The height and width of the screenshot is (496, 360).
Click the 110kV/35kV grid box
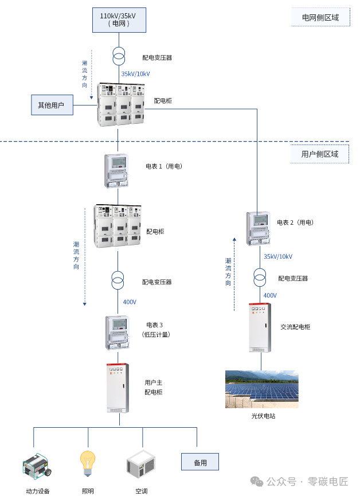(119, 19)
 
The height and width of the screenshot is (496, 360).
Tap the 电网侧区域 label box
(320, 17)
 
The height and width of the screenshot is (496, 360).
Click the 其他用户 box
(52, 105)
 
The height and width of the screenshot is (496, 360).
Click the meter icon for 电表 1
(118, 170)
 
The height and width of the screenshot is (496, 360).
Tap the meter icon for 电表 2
(258, 228)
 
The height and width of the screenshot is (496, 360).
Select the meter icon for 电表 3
(118, 333)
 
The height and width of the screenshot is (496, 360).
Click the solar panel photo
(261, 389)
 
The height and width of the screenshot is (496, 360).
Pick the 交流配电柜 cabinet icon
(260, 327)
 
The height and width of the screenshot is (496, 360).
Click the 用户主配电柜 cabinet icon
(118, 388)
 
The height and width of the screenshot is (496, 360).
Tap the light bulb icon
(87, 462)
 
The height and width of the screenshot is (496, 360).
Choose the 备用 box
(199, 462)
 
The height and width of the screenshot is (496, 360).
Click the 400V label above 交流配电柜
(269, 296)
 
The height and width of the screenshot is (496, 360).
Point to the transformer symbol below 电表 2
(260, 278)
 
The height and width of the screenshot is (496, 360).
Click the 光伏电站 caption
(263, 416)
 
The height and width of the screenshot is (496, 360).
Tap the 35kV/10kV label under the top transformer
(135, 74)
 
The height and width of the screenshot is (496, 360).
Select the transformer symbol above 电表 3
(118, 281)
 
